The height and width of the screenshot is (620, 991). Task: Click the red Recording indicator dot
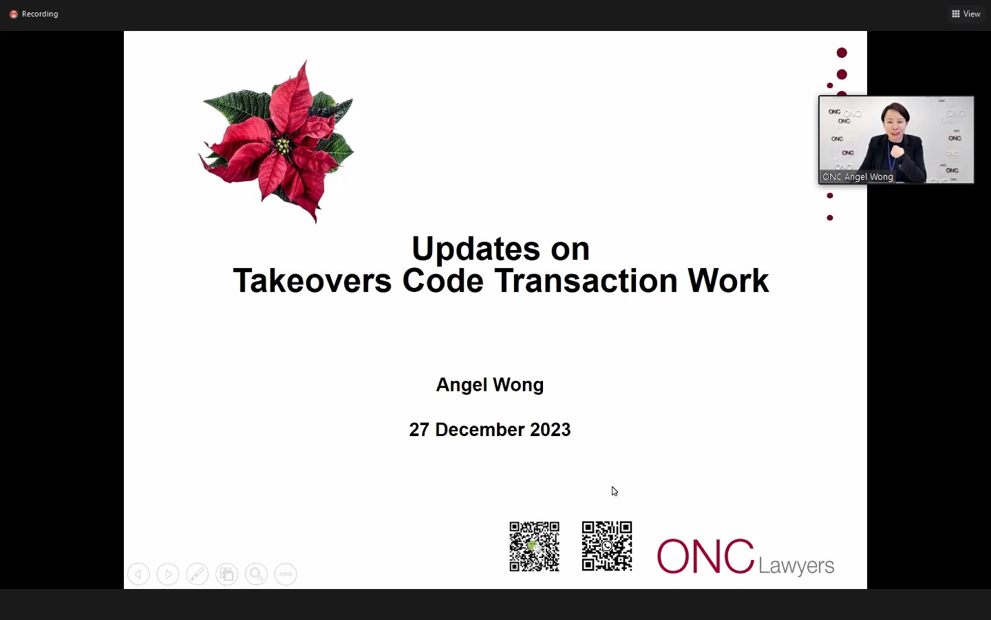[13, 14]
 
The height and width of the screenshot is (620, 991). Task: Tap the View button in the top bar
[966, 14]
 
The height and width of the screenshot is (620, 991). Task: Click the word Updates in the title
[476, 249]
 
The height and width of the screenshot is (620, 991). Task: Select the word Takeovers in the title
[312, 281]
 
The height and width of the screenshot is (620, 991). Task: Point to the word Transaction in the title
[586, 281]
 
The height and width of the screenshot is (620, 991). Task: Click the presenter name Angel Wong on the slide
[490, 385]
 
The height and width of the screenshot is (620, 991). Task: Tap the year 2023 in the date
[551, 430]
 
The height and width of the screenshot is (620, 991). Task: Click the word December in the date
[480, 430]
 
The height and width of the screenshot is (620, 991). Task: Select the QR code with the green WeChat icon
[535, 546]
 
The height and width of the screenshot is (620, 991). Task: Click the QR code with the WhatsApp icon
[607, 546]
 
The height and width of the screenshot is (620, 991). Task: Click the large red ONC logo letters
[705, 556]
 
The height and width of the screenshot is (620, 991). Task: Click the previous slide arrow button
[138, 575]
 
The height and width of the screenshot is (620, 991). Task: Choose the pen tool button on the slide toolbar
[198, 575]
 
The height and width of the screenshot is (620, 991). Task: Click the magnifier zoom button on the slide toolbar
[256, 575]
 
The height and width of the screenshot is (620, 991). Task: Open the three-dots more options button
[286, 575]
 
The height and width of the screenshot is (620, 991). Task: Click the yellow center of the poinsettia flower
[282, 145]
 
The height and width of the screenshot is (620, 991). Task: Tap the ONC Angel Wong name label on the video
[857, 176]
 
